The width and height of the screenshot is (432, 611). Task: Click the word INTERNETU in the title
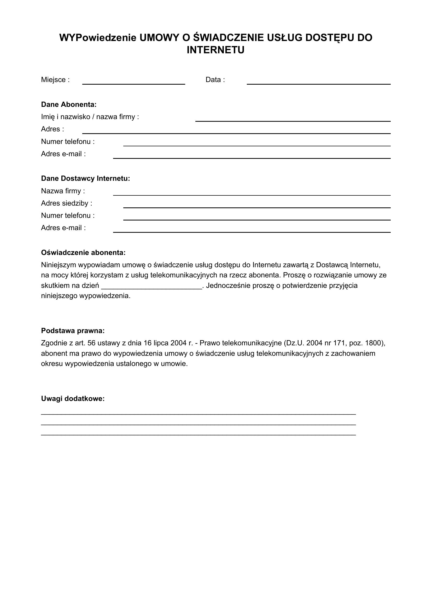coord(215,50)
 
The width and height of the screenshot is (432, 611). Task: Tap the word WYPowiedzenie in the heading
coord(98,38)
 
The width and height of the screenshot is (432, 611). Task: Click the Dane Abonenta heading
coord(69,104)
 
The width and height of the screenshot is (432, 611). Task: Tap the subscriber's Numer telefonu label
coord(68,142)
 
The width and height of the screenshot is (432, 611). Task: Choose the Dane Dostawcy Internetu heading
coord(85,179)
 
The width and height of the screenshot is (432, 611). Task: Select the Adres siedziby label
coord(67,203)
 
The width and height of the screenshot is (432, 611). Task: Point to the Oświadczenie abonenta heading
coord(83,253)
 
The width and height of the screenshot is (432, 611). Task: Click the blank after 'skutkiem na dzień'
coord(152,286)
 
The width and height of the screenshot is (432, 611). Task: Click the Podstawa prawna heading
coord(73,331)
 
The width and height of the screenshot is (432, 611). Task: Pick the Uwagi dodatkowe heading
coord(73,399)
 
